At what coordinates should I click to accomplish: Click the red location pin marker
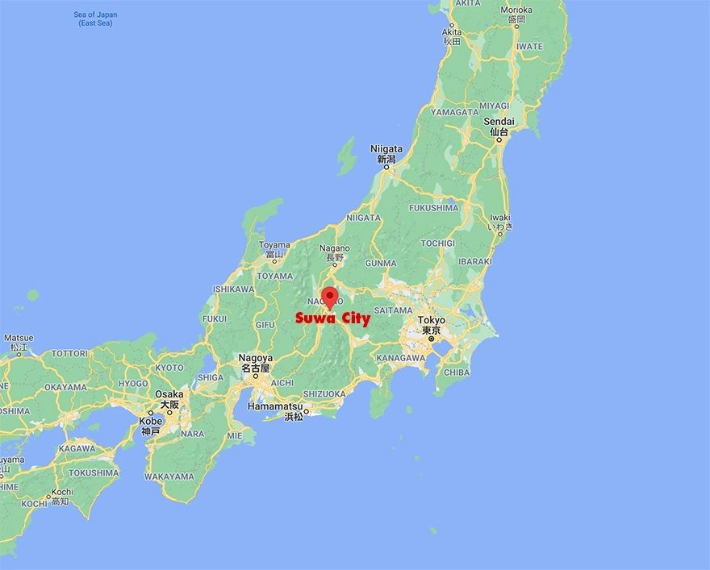(x=329, y=297)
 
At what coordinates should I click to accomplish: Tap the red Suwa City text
(x=332, y=318)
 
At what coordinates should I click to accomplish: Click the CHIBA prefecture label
(x=457, y=372)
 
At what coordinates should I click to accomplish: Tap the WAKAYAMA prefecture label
(x=171, y=476)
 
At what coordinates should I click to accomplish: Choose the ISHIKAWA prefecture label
(x=234, y=289)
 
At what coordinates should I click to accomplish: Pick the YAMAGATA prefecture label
(x=454, y=112)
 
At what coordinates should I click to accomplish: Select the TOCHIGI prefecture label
(x=437, y=243)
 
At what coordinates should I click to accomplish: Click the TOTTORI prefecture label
(x=69, y=354)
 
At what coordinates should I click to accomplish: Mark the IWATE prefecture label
(x=530, y=47)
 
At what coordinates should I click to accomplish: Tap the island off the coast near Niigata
(x=347, y=156)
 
